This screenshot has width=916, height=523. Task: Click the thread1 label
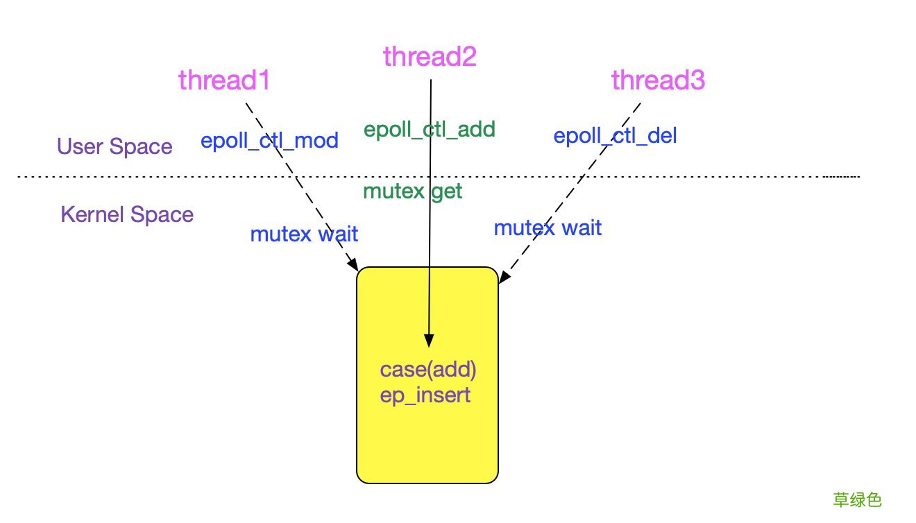click(x=223, y=80)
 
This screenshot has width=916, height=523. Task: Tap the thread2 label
click(x=430, y=57)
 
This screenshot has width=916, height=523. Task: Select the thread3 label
click(x=658, y=80)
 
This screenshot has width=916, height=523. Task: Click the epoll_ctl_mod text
click(x=269, y=141)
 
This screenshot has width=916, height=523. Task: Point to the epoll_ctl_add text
click(x=430, y=129)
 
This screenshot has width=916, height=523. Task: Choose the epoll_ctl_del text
click(x=615, y=135)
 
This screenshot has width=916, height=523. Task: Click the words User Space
click(x=114, y=146)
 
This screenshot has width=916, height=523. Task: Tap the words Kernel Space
click(x=127, y=214)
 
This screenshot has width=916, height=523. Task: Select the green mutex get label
click(x=412, y=191)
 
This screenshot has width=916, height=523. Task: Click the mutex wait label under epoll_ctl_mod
click(x=304, y=234)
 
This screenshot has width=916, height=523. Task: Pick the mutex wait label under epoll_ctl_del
click(x=548, y=228)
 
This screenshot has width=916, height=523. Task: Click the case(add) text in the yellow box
click(x=428, y=370)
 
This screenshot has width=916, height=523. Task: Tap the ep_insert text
click(x=425, y=395)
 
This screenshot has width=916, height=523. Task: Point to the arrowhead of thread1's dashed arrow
click(x=353, y=266)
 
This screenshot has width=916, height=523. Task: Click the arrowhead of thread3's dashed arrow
click(x=503, y=278)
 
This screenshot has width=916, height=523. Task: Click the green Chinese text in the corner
click(x=857, y=499)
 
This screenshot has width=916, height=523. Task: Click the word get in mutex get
click(x=446, y=191)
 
